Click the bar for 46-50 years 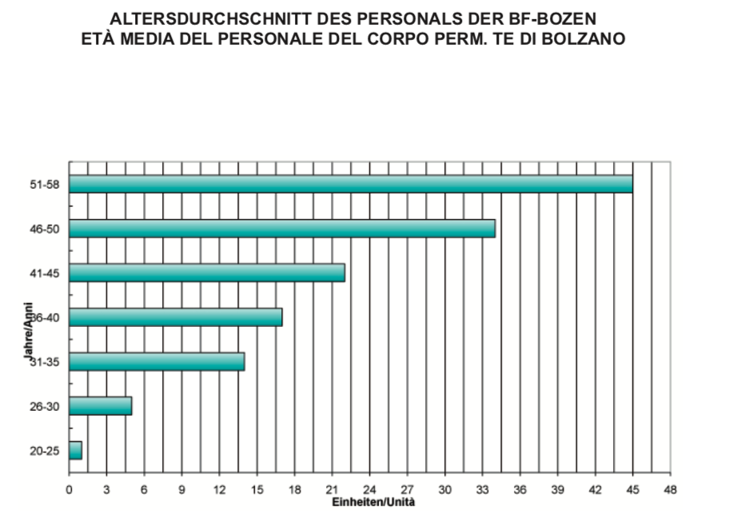coord(281,229)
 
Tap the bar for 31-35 coord(157,361)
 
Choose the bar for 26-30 coord(100,406)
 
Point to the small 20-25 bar coord(75,451)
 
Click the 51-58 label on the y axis coord(47,185)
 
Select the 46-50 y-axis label coord(47,229)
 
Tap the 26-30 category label coord(47,407)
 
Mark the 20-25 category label coord(47,452)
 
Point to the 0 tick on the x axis coord(70,491)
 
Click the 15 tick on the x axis coord(257,491)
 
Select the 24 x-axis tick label coord(369,491)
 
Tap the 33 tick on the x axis coord(482,491)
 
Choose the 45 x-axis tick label coord(632,491)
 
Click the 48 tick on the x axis coord(670,491)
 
